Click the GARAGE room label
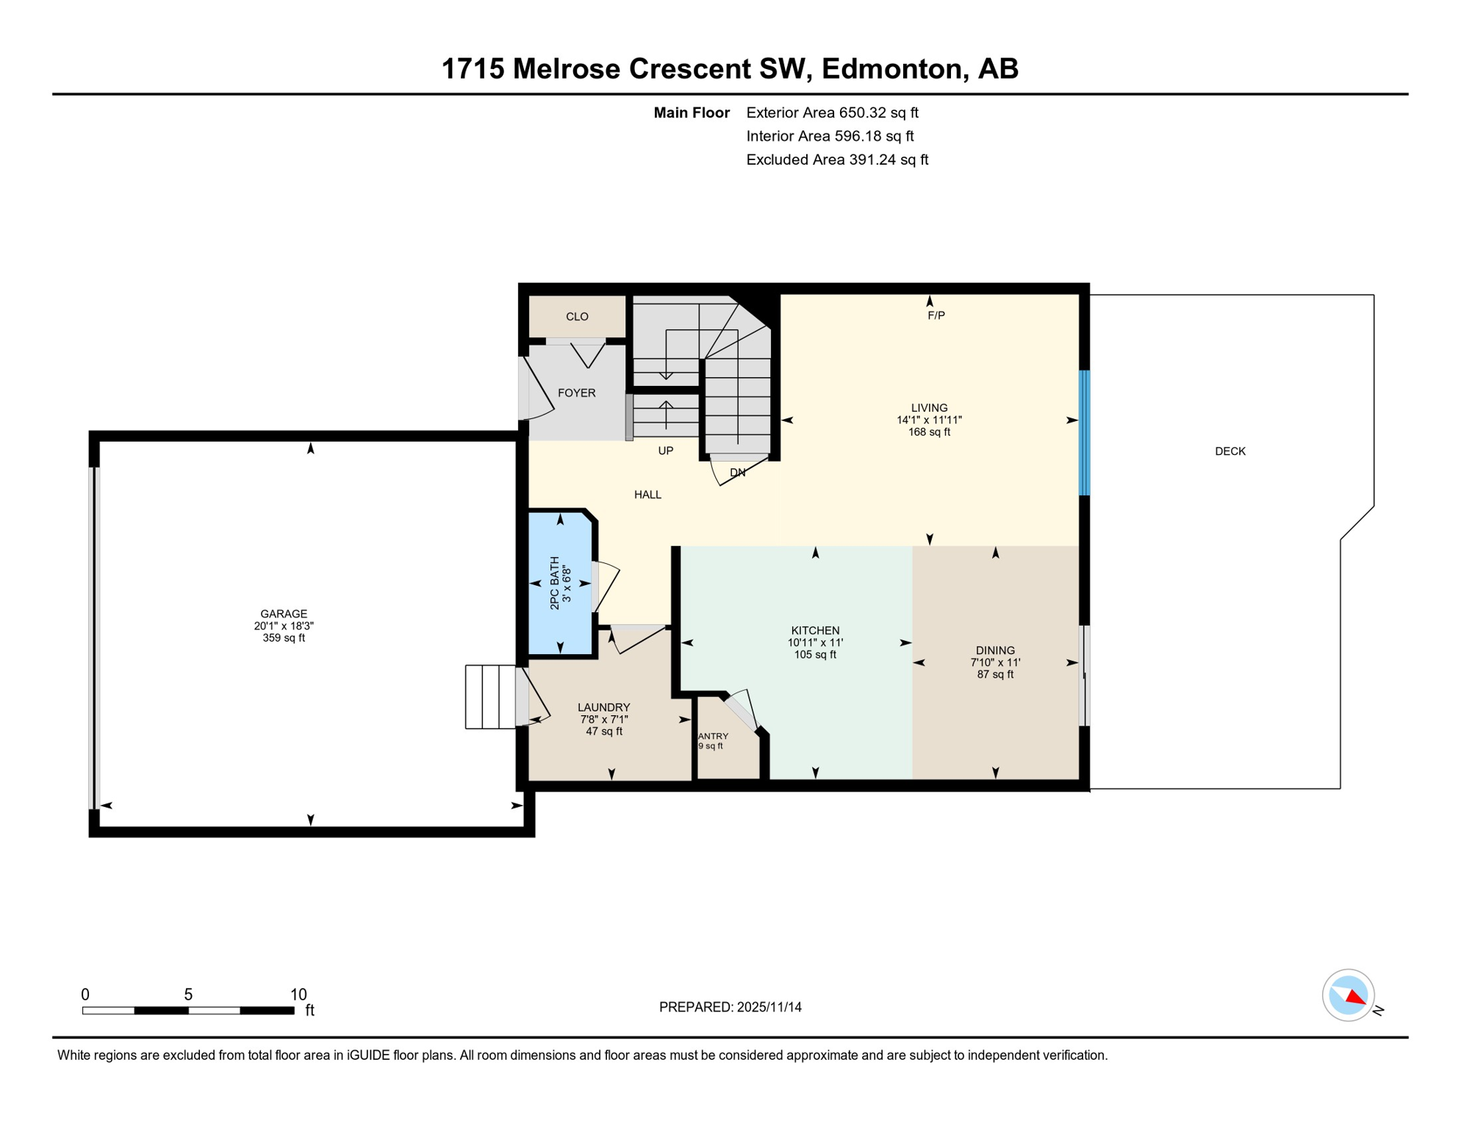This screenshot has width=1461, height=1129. tap(284, 614)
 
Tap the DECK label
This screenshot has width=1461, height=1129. tap(1230, 451)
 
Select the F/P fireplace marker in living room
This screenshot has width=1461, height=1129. tap(936, 315)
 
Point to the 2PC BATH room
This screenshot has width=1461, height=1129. tap(560, 583)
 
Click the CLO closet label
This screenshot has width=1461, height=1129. tap(577, 317)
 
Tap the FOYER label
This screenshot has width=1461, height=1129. tap(576, 393)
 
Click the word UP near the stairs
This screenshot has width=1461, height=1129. tap(665, 451)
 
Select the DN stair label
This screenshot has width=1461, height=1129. tap(737, 473)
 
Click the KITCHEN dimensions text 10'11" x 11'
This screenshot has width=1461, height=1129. tap(815, 642)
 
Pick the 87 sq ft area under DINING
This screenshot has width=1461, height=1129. tap(994, 674)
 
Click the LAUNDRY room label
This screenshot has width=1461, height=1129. tap(603, 707)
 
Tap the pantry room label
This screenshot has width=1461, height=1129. tap(713, 736)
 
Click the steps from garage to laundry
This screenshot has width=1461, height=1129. tap(489, 697)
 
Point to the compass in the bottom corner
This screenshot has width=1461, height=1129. tap(1348, 995)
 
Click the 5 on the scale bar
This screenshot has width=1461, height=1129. tap(188, 994)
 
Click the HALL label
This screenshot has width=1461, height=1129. tap(647, 495)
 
